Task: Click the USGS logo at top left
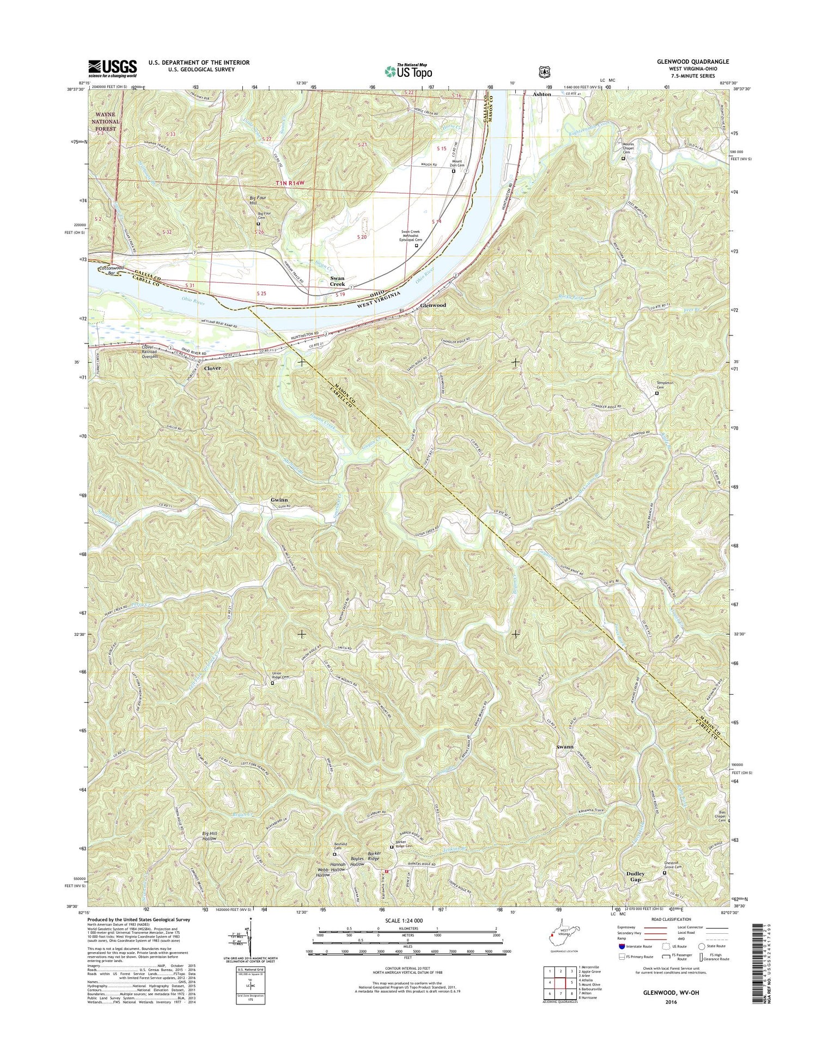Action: pyautogui.click(x=112, y=67)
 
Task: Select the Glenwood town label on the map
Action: pyautogui.click(x=433, y=305)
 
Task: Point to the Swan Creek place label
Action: pyautogui.click(x=337, y=281)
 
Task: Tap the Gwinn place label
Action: pyautogui.click(x=279, y=500)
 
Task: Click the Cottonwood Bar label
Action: pyautogui.click(x=112, y=271)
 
